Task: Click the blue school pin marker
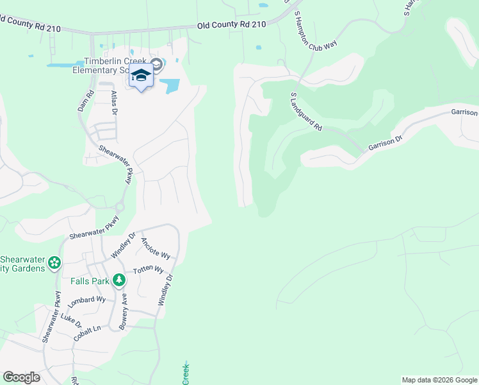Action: [x=141, y=76]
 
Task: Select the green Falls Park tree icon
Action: [x=118, y=280]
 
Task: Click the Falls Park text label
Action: [x=90, y=281]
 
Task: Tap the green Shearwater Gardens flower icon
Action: [x=55, y=262]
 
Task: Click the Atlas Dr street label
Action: [x=115, y=102]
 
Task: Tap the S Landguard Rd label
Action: [x=306, y=112]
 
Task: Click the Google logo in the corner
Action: [x=21, y=377]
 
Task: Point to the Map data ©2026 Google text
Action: [x=439, y=380]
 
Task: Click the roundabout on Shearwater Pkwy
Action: [x=119, y=207]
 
